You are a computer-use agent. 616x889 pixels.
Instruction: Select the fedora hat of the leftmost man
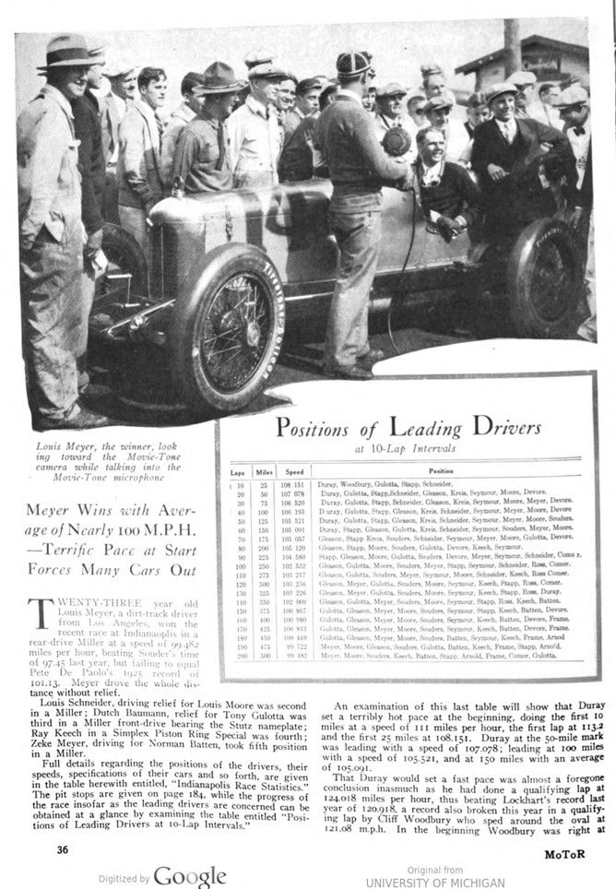pyautogui.click(x=66, y=53)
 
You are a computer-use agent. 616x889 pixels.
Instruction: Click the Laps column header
pyautogui.click(x=237, y=471)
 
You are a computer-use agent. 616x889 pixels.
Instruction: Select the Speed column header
pyautogui.click(x=295, y=471)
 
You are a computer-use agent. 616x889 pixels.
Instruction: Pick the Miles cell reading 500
pyautogui.click(x=267, y=656)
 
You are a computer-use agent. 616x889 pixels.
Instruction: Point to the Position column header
pyautogui.click(x=446, y=471)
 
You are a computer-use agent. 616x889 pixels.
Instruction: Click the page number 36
pyautogui.click(x=61, y=848)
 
